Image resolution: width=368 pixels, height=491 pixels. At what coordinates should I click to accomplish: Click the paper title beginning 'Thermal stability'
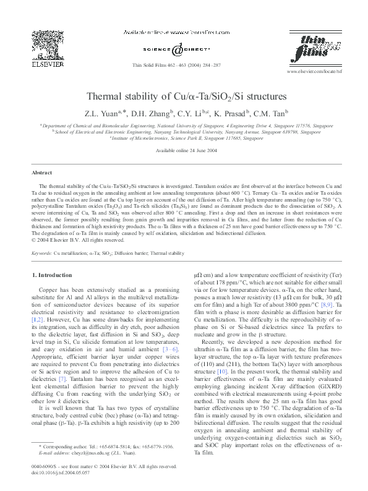[x=184, y=97]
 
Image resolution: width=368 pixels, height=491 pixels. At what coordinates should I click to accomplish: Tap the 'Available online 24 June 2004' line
[x=184, y=150]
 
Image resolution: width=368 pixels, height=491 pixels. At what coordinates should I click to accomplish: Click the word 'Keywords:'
[x=41, y=253]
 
